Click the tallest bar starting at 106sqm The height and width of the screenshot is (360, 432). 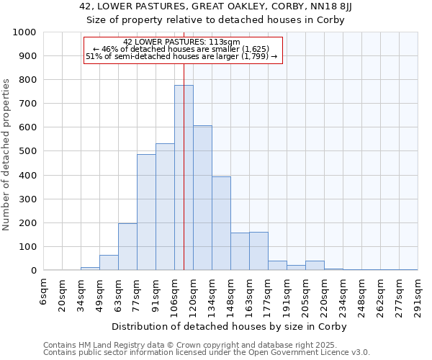point(184,178)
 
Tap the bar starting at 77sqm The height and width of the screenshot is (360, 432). point(146,212)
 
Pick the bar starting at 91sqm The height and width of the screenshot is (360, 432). point(165,207)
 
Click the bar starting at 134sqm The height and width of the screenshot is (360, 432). point(221,223)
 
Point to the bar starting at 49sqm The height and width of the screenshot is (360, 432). point(109,263)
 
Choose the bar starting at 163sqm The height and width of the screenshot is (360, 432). point(258,251)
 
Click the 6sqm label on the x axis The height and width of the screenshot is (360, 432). point(44,292)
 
